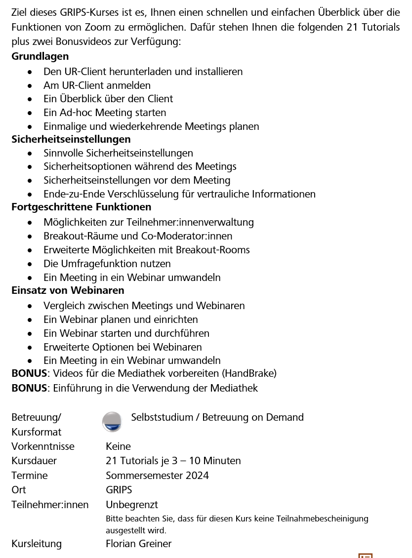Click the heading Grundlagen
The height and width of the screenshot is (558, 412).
[x=40, y=56]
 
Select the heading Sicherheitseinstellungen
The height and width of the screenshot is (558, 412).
[x=71, y=139]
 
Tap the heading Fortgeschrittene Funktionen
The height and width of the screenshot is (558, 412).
[x=82, y=207]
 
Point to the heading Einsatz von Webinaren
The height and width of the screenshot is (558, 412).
[x=68, y=290]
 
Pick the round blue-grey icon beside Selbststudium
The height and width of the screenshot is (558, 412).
[x=112, y=421]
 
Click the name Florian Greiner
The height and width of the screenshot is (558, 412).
[x=138, y=544]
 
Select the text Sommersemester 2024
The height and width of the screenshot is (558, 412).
[x=157, y=476]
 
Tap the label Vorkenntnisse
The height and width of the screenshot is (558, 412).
[x=43, y=446]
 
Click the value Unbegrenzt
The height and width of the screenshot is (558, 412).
[x=132, y=505]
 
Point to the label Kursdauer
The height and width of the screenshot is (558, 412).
[x=34, y=461]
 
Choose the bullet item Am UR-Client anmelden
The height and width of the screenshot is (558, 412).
[x=97, y=85]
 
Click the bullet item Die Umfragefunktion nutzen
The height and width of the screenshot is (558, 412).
[x=107, y=264]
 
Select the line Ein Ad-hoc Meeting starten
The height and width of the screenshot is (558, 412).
[x=105, y=113]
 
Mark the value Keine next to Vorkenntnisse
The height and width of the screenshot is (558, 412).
[x=118, y=446]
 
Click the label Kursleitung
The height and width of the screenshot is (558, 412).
[x=37, y=544]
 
